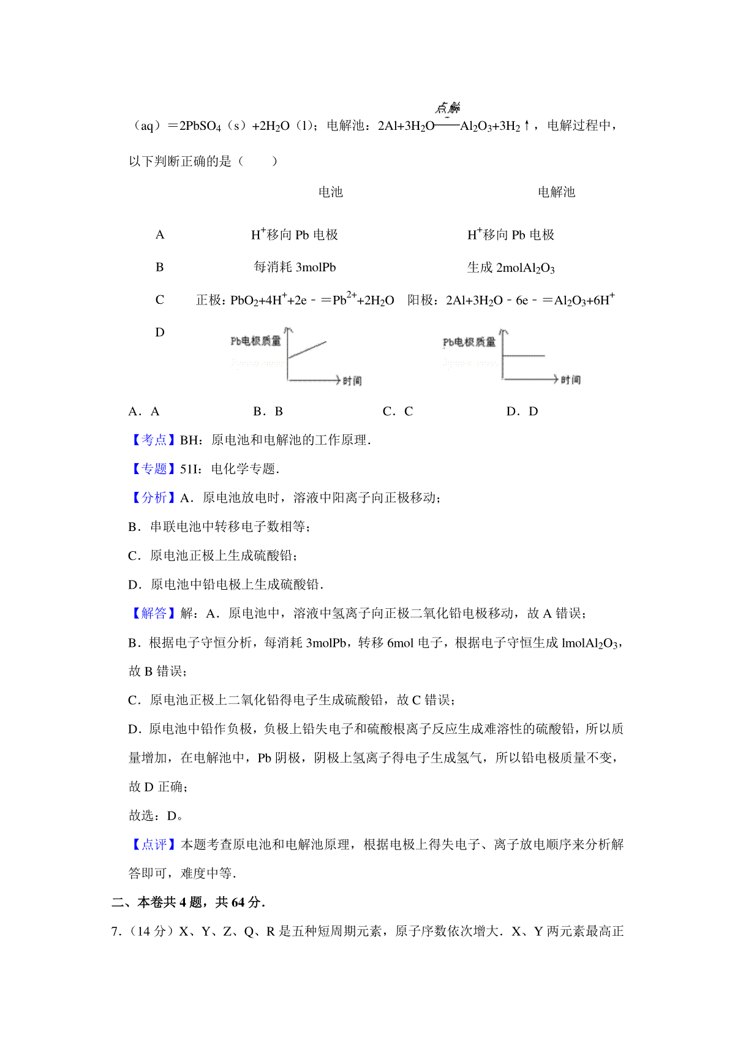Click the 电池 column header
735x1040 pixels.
tap(330, 192)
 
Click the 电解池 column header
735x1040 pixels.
tap(556, 192)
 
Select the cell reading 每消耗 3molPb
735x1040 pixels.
tap(295, 267)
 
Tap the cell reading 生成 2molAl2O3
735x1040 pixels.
tap(511, 268)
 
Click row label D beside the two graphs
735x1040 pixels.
tap(160, 332)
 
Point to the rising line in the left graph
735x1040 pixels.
tap(307, 350)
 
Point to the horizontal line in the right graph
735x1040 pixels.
tap(524, 355)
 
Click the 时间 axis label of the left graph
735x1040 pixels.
tap(352, 381)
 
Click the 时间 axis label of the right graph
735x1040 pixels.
tap(571, 380)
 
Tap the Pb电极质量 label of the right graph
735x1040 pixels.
tap(469, 342)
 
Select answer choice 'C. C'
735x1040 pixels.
tap(398, 412)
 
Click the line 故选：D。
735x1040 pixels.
tap(156, 815)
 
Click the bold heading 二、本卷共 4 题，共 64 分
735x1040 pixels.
tap(188, 902)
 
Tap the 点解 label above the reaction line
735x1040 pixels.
tap(448, 108)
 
